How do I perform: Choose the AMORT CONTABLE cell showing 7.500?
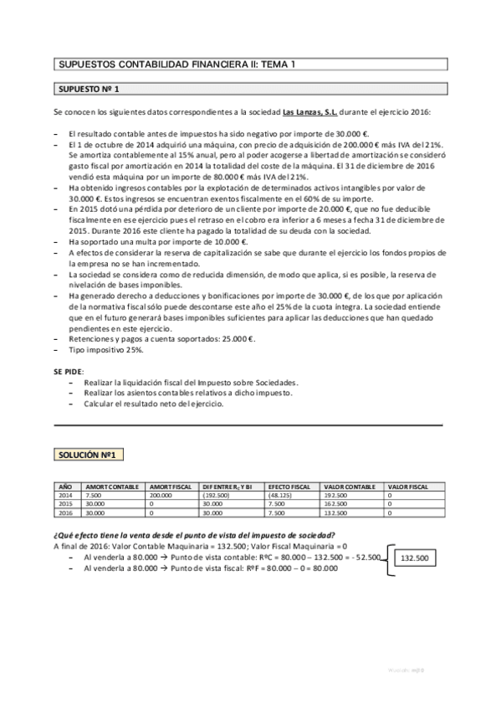click(x=94, y=495)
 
